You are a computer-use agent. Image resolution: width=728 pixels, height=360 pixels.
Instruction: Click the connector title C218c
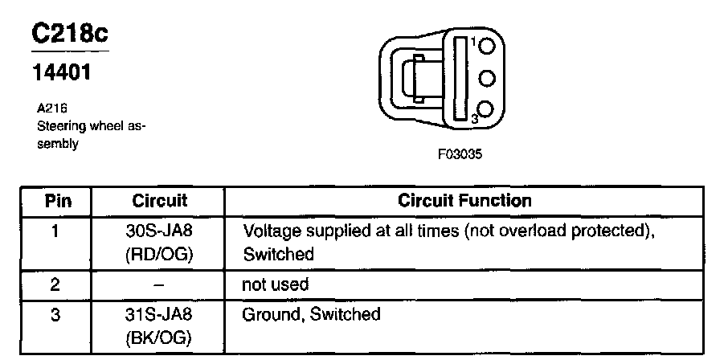[70, 35]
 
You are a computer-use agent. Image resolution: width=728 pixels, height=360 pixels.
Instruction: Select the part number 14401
[60, 72]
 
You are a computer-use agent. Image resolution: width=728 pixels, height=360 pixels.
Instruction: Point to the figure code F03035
[460, 155]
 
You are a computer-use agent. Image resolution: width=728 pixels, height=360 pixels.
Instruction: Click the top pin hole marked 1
[485, 47]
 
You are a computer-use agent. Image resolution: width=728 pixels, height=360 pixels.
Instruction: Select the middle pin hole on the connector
[485, 78]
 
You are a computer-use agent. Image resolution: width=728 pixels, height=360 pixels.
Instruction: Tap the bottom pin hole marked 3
[485, 109]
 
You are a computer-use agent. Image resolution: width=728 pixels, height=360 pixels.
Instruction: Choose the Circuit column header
[159, 201]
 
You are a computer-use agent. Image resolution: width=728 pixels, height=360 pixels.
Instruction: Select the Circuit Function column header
[464, 201]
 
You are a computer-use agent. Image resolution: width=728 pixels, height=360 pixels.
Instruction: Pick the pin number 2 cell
[55, 284]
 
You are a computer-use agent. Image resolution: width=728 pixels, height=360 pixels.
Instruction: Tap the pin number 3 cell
[55, 315]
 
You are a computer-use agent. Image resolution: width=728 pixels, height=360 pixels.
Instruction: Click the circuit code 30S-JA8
[159, 231]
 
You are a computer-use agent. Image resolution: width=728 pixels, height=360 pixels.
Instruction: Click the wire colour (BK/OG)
[159, 338]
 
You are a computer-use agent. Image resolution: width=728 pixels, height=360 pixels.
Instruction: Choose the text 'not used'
[275, 284]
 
